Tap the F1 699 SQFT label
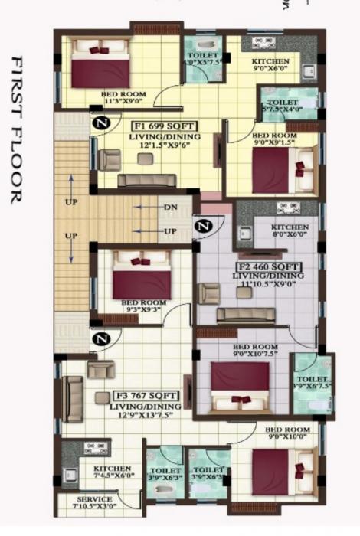tap(165, 126)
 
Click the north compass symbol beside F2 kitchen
tap(203, 226)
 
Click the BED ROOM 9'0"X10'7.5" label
tap(254, 350)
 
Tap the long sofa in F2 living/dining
tap(246, 315)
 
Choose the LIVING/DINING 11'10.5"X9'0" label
tap(269, 280)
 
